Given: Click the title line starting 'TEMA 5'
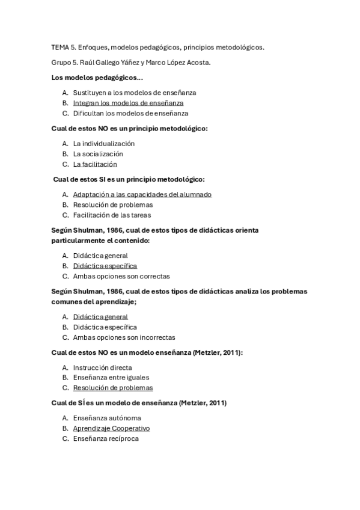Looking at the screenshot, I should pos(157,47).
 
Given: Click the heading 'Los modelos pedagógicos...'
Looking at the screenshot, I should pos(97,78).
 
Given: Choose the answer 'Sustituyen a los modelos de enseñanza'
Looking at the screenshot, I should pos(135,93).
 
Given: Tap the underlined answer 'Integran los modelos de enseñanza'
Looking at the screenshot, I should pos(128,103).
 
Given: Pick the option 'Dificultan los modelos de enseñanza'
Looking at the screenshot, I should pos(130,113).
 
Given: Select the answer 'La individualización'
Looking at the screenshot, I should pos(103,144).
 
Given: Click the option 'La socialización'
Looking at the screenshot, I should pos(98,154).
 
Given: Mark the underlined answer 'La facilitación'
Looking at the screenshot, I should pos(95,164).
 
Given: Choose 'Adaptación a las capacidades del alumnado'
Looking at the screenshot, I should pos(142,194).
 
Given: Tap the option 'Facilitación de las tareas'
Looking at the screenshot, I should pos(112,215).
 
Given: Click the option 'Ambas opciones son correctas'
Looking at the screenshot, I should pos(121,276).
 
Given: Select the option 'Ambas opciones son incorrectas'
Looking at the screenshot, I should pos(124,337).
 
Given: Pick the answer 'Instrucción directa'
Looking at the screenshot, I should pos(102,367).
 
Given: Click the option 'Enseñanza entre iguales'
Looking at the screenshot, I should pos(111,378).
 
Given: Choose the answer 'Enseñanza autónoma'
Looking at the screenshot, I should pos(107,418).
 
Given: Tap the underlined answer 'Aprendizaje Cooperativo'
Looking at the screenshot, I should pos(111,428).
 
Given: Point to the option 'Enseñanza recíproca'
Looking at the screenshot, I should pos(106,438).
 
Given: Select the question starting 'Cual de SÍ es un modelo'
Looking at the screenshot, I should pos(143,403).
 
